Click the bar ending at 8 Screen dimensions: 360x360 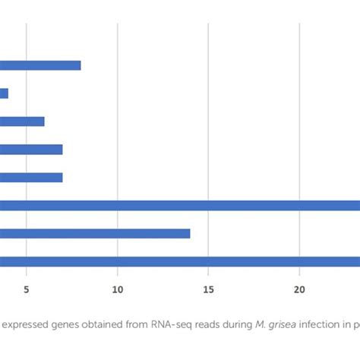click(x=39, y=65)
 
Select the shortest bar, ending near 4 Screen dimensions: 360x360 click(x=4, y=93)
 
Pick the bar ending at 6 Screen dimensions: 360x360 click(x=22, y=122)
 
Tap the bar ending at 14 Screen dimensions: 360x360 click(x=95, y=233)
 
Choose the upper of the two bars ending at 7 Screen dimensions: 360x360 click(x=30, y=150)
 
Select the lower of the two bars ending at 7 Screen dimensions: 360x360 click(x=30, y=177)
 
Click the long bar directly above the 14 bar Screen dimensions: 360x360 click(x=180, y=205)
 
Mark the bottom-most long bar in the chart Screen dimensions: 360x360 click(x=180, y=261)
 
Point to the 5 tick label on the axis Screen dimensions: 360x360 click(x=27, y=289)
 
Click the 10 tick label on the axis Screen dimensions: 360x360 click(x=118, y=289)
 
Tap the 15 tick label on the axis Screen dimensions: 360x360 click(x=209, y=289)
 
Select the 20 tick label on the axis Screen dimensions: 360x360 click(x=299, y=289)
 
